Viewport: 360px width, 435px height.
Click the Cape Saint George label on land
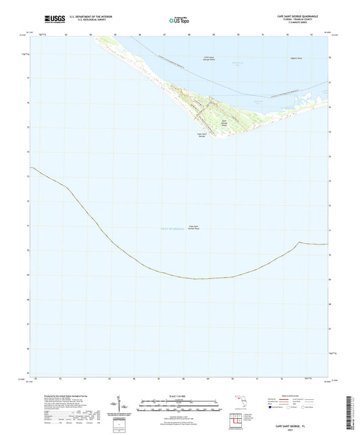201,135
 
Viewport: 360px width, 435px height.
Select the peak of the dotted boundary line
299,242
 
